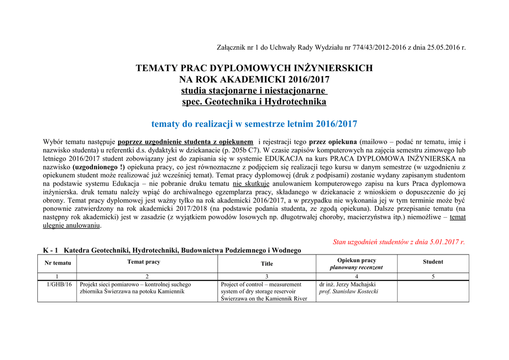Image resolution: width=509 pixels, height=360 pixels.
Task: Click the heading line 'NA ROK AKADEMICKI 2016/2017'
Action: (254, 80)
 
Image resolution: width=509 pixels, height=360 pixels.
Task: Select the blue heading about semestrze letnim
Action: (254, 124)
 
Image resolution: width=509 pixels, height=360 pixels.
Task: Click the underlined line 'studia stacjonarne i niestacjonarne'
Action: (254, 90)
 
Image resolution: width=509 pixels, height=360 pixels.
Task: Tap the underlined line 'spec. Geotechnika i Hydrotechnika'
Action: (254, 102)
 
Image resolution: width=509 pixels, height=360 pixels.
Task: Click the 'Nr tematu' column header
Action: (58, 263)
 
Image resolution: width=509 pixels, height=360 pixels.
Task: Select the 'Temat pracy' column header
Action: (144, 262)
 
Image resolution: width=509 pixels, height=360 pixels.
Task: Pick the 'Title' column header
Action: (267, 264)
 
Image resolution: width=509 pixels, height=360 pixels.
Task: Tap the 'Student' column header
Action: (433, 262)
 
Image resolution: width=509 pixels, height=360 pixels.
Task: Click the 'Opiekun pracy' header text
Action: (356, 260)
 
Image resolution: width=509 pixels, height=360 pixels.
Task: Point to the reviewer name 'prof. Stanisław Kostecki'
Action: (348, 291)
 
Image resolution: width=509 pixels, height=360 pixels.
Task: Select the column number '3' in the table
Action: (267, 276)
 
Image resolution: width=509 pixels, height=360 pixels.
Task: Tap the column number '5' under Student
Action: (433, 276)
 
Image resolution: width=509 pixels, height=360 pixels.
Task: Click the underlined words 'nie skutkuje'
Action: (251, 184)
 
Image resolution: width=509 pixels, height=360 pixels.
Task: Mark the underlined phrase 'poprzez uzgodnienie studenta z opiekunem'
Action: (185, 142)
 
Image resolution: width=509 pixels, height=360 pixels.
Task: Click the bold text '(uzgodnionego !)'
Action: (99, 167)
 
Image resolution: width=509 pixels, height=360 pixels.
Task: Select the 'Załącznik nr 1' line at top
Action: (341, 48)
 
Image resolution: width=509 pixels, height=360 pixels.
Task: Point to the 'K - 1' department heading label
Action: (51, 250)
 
